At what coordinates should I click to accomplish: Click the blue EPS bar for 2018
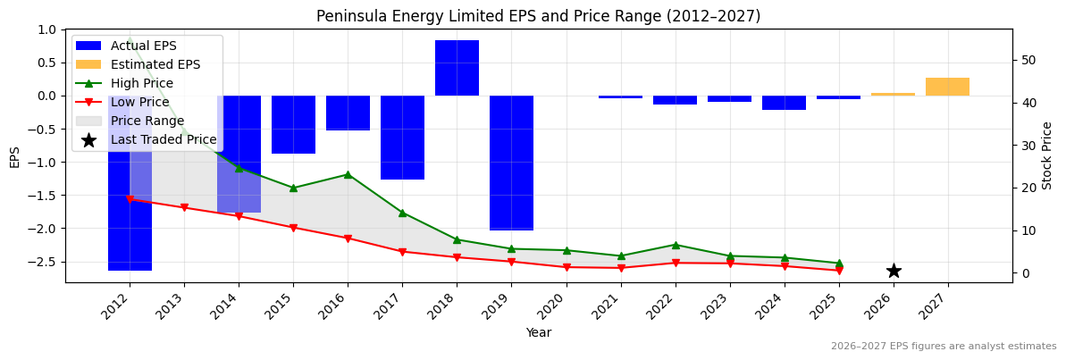click(457, 68)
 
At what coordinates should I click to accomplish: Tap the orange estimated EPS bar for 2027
click(947, 87)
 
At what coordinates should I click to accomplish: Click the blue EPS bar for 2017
click(402, 138)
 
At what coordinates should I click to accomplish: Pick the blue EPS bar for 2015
click(293, 124)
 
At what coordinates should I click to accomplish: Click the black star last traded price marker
click(894, 271)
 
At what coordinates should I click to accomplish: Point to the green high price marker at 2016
click(348, 174)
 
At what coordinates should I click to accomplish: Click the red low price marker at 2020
click(566, 267)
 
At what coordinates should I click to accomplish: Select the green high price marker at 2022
click(676, 245)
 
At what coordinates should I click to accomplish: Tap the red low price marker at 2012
click(130, 199)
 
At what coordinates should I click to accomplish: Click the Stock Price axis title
click(1047, 155)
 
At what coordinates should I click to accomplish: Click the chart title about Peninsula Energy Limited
click(538, 16)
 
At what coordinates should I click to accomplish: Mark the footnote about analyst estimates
click(944, 347)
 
